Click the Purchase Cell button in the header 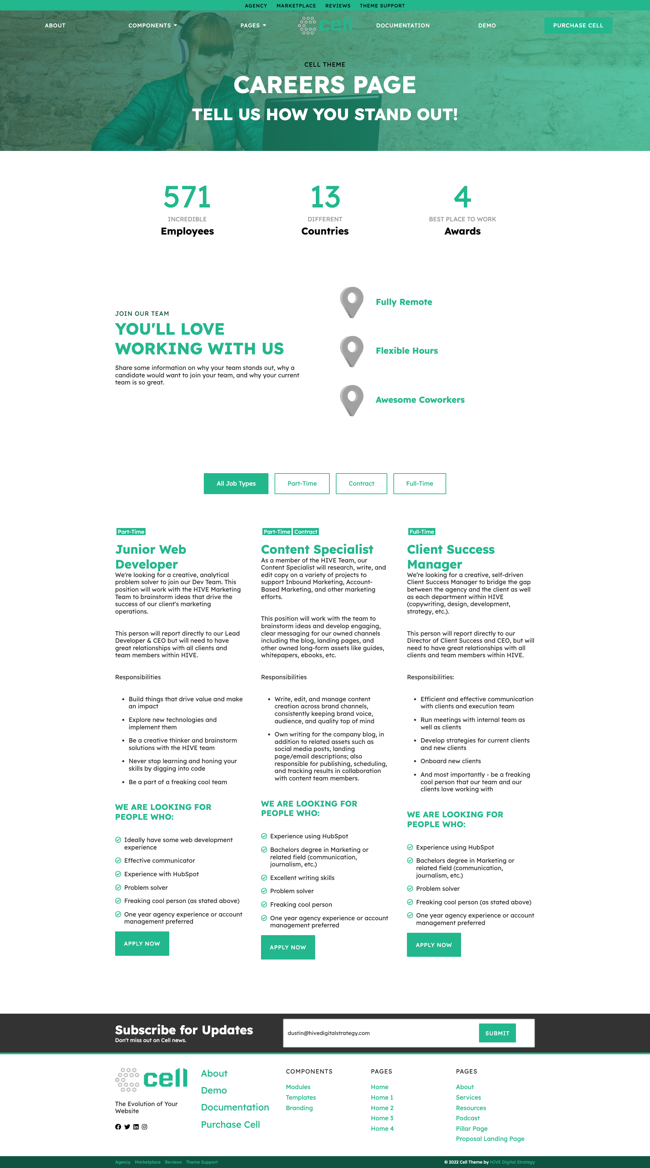pyautogui.click(x=578, y=25)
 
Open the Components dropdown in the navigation pyautogui.click(x=152, y=25)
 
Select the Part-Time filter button pyautogui.click(x=302, y=483)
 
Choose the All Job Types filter pyautogui.click(x=236, y=483)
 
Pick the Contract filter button pyautogui.click(x=361, y=483)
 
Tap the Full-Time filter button pyautogui.click(x=419, y=483)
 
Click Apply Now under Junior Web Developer pyautogui.click(x=142, y=944)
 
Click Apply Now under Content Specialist pyautogui.click(x=287, y=947)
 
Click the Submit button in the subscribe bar pyautogui.click(x=497, y=1033)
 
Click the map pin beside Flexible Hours pyautogui.click(x=351, y=351)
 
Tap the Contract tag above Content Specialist pyautogui.click(x=306, y=532)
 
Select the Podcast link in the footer pyautogui.click(x=468, y=1118)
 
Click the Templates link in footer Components pyautogui.click(x=301, y=1097)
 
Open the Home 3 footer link pyautogui.click(x=382, y=1118)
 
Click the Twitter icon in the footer pyautogui.click(x=127, y=1127)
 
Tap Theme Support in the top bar pyautogui.click(x=382, y=6)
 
